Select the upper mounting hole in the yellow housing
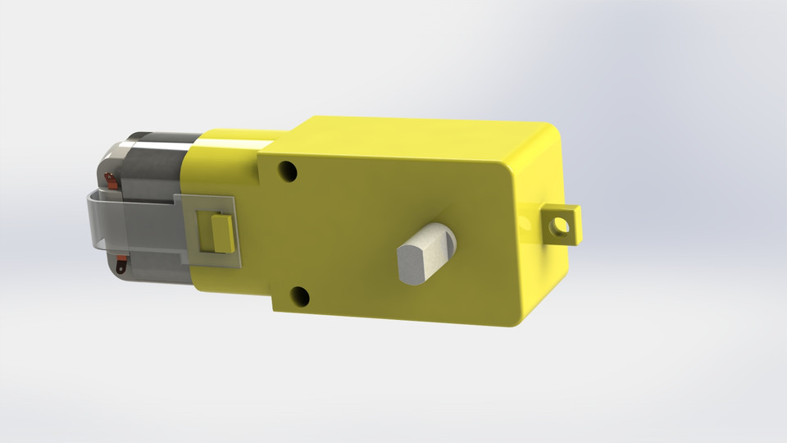coord(287,171)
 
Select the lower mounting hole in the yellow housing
coord(300,296)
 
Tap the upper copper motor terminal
coord(111,179)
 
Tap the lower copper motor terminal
coord(121,264)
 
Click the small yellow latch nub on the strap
coord(221,233)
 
